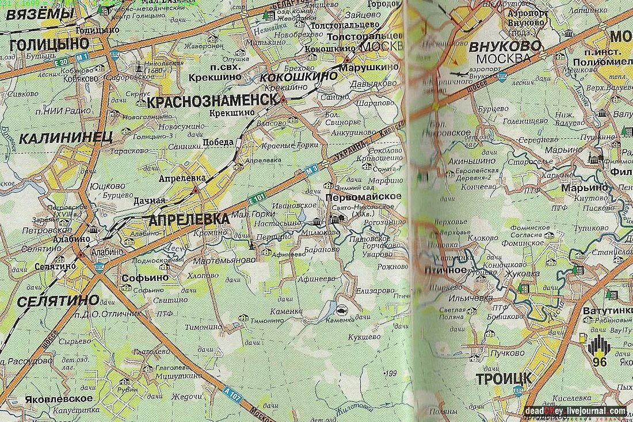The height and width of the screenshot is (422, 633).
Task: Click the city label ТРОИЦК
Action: click(504, 378)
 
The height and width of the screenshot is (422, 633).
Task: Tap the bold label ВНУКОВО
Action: click(505, 45)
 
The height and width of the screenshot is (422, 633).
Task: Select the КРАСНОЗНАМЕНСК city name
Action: click(210, 101)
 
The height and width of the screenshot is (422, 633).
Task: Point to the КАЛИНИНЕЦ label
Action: click(65, 138)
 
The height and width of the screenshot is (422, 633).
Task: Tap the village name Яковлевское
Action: click(59, 398)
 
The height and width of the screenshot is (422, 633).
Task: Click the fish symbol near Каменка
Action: click(342, 309)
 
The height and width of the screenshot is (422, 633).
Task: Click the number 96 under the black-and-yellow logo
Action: click(599, 362)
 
